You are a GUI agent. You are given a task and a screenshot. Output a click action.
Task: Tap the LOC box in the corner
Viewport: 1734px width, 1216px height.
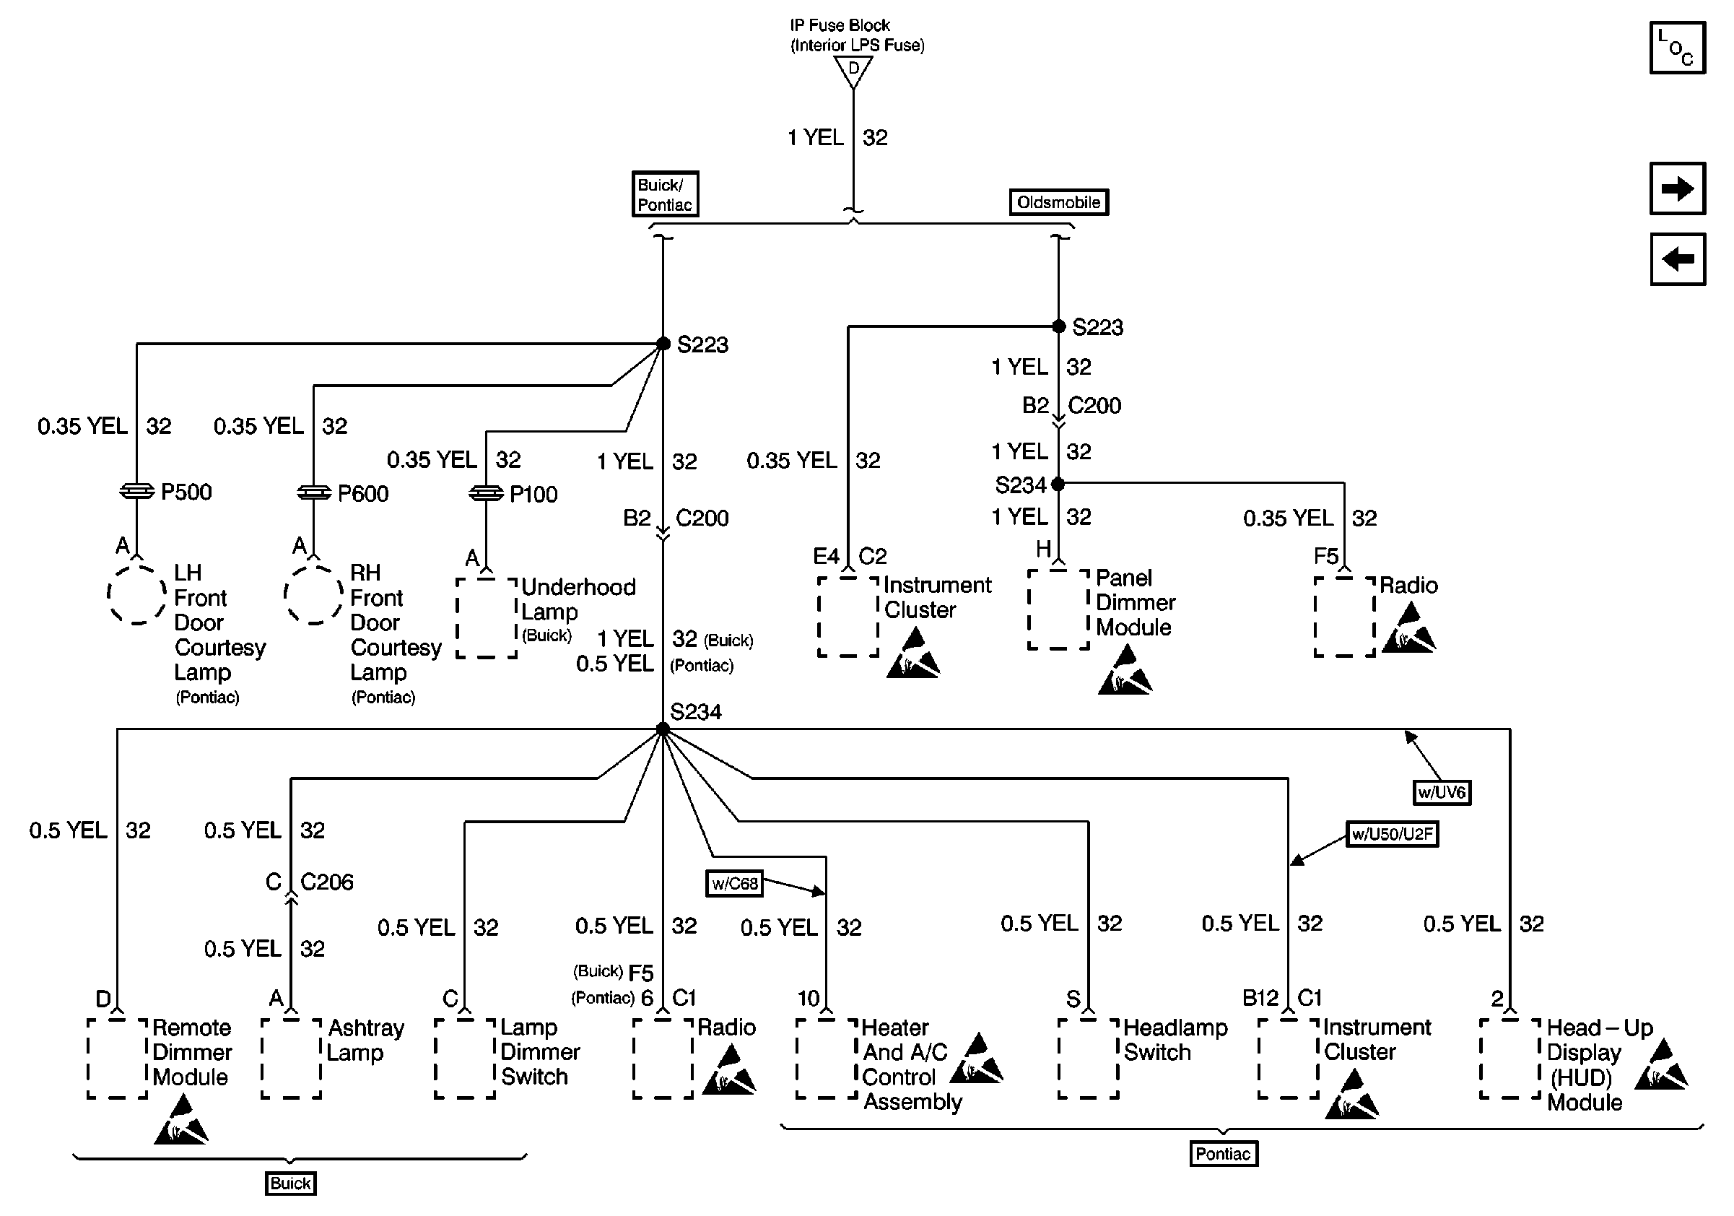(x=1676, y=48)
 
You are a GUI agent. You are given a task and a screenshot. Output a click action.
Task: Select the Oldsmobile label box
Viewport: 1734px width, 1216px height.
(x=1058, y=202)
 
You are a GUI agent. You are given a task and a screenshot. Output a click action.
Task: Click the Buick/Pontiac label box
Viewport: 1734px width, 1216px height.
(x=665, y=194)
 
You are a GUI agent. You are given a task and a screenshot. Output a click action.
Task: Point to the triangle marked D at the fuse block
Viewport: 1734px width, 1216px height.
(x=853, y=70)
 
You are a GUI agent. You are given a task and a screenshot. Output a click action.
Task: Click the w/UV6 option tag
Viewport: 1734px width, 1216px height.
(x=1441, y=792)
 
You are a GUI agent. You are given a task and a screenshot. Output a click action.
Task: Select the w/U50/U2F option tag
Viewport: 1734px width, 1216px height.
(x=1391, y=834)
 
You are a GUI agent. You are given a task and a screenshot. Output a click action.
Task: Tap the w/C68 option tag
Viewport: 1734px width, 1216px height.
(x=734, y=884)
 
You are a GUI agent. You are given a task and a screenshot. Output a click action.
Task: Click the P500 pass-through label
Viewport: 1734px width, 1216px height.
(x=186, y=492)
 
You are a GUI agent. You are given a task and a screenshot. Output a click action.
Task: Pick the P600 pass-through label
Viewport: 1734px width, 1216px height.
(x=362, y=494)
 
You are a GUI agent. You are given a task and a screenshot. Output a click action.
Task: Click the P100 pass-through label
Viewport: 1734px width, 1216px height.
(x=533, y=495)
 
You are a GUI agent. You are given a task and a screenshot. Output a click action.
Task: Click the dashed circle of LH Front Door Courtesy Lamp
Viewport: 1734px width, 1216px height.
(x=136, y=594)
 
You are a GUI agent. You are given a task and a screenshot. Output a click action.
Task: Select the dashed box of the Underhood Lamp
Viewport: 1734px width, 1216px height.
(x=487, y=618)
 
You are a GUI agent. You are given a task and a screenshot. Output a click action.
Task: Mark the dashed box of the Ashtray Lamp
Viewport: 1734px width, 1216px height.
(x=291, y=1058)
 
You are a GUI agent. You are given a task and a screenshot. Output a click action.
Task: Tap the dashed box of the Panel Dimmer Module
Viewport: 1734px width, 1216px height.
(x=1058, y=609)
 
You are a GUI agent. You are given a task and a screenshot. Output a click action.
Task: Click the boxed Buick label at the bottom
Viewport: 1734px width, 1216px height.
(x=291, y=1183)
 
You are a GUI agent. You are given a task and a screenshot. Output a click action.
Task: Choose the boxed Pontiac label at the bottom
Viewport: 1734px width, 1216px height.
(x=1223, y=1153)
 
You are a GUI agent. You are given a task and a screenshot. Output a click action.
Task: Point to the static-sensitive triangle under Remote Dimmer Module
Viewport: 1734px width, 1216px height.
(x=181, y=1121)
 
